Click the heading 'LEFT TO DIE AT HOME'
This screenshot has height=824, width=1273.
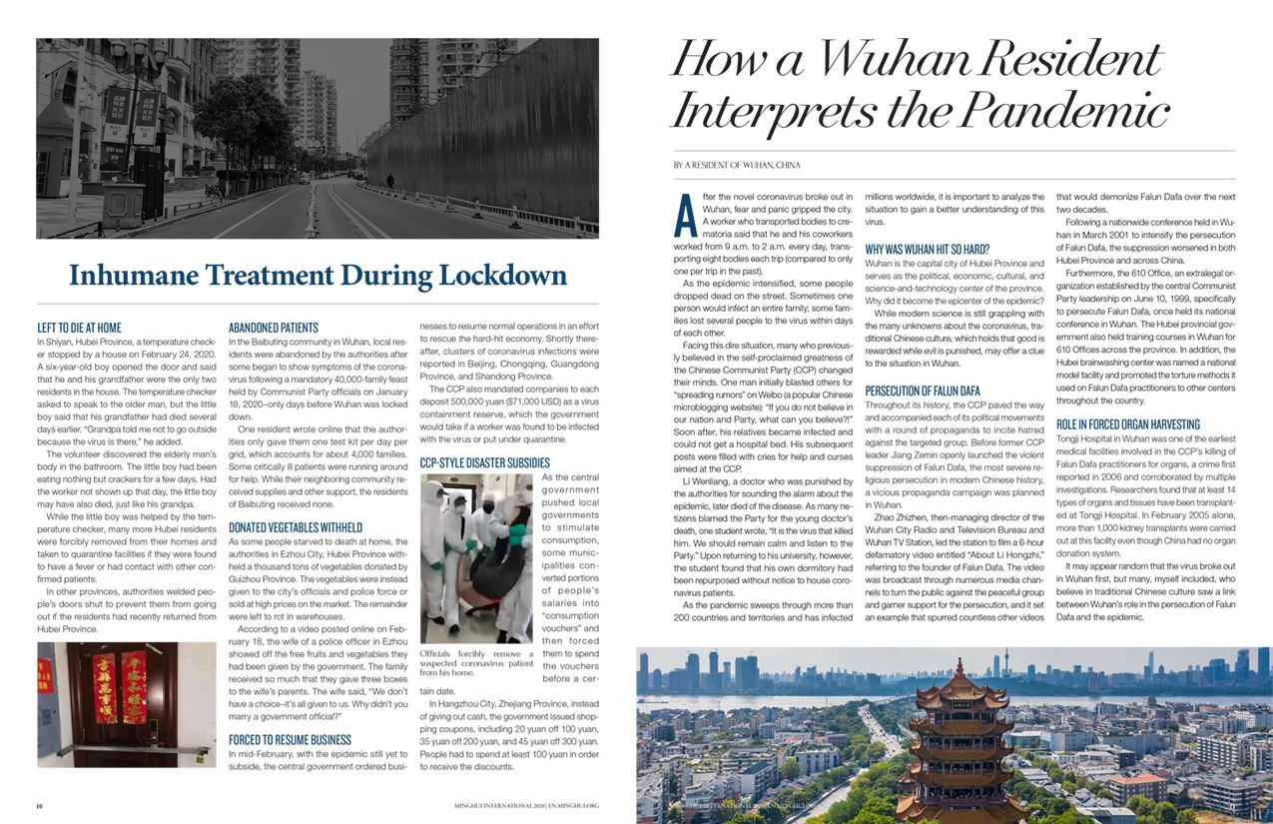coord(79,327)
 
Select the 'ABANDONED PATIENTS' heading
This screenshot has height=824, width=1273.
coord(274,327)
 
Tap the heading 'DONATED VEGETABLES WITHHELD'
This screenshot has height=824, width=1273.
coord(295,526)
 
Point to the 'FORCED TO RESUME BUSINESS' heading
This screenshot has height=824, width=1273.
coord(290,740)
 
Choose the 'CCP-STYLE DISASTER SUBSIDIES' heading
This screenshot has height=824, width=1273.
coord(484,462)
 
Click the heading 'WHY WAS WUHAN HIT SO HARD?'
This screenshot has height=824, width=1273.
coord(927,249)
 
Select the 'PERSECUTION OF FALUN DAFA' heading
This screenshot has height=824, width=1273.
coord(923,391)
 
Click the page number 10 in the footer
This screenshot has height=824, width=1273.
coord(40,804)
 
